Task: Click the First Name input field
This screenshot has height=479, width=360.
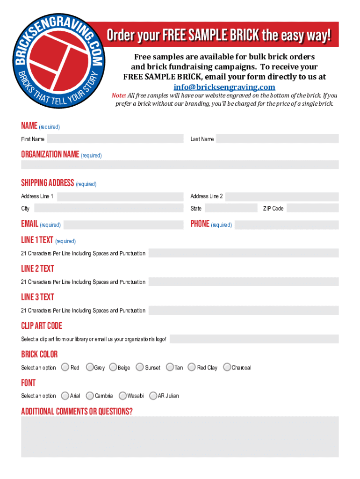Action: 115,138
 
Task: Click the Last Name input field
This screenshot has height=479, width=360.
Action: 277,138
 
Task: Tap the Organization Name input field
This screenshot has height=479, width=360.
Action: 180,165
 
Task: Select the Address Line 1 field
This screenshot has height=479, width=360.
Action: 120,196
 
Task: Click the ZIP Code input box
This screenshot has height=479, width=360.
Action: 312,208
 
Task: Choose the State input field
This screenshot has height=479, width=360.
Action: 231,208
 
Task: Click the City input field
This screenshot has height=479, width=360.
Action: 108,208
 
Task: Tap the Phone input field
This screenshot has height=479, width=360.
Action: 286,225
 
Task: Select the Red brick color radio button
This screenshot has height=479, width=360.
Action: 65,367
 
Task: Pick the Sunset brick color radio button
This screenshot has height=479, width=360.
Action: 140,367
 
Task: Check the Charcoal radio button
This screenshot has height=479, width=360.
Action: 227,367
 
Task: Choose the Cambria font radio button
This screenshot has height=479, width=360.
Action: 90,396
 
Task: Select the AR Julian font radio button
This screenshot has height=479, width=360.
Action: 153,396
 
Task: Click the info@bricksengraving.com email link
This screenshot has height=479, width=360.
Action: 224,87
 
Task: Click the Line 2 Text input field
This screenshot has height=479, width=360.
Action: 244,282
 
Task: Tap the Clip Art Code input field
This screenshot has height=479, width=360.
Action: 254,339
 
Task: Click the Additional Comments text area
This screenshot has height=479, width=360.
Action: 180,437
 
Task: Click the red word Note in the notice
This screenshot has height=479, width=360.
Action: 119,95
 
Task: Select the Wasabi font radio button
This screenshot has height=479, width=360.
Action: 122,396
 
